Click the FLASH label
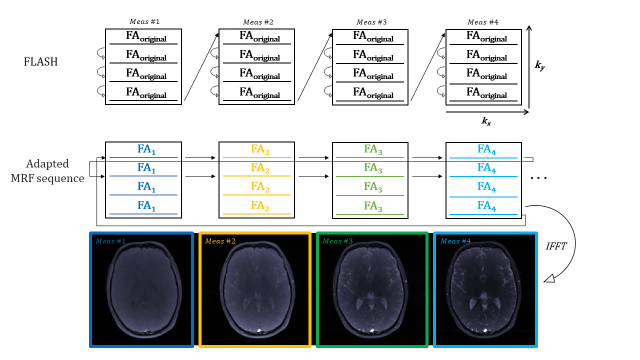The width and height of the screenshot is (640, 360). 41,62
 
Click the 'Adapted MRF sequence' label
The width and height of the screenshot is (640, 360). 47,171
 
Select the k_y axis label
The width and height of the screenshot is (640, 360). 539,65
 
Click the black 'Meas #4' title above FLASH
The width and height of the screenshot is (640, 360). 483,22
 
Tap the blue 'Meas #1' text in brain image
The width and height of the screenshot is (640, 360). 111,241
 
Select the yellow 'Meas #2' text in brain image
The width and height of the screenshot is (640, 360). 220,241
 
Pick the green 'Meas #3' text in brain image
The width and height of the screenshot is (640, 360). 338,241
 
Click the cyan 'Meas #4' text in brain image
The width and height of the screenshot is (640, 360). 455,241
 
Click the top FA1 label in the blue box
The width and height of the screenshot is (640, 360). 146,149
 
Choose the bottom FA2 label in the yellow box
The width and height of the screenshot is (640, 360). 260,206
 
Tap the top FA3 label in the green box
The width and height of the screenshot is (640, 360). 373,149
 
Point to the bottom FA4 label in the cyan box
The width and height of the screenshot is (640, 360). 487,206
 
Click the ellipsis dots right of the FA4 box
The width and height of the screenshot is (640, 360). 539,178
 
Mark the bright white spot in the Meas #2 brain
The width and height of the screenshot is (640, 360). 259,330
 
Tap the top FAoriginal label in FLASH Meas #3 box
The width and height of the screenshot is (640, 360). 373,36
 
